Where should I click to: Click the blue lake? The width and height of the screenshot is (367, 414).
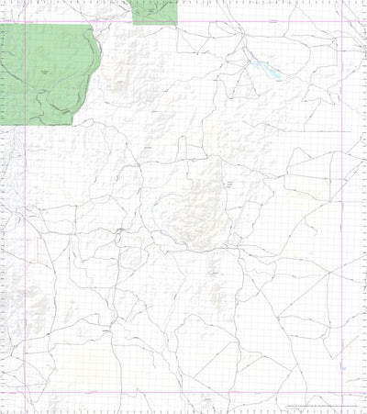(267, 69)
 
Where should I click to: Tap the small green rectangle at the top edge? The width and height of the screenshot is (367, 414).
(153, 11)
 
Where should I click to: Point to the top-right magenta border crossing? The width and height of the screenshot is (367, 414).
(344, 23)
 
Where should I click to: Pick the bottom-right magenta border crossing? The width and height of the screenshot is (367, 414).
(344, 397)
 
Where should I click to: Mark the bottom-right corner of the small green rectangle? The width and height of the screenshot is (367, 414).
(176, 24)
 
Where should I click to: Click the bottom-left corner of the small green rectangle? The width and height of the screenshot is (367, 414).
(132, 24)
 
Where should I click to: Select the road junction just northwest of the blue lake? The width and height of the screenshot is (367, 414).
(246, 57)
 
